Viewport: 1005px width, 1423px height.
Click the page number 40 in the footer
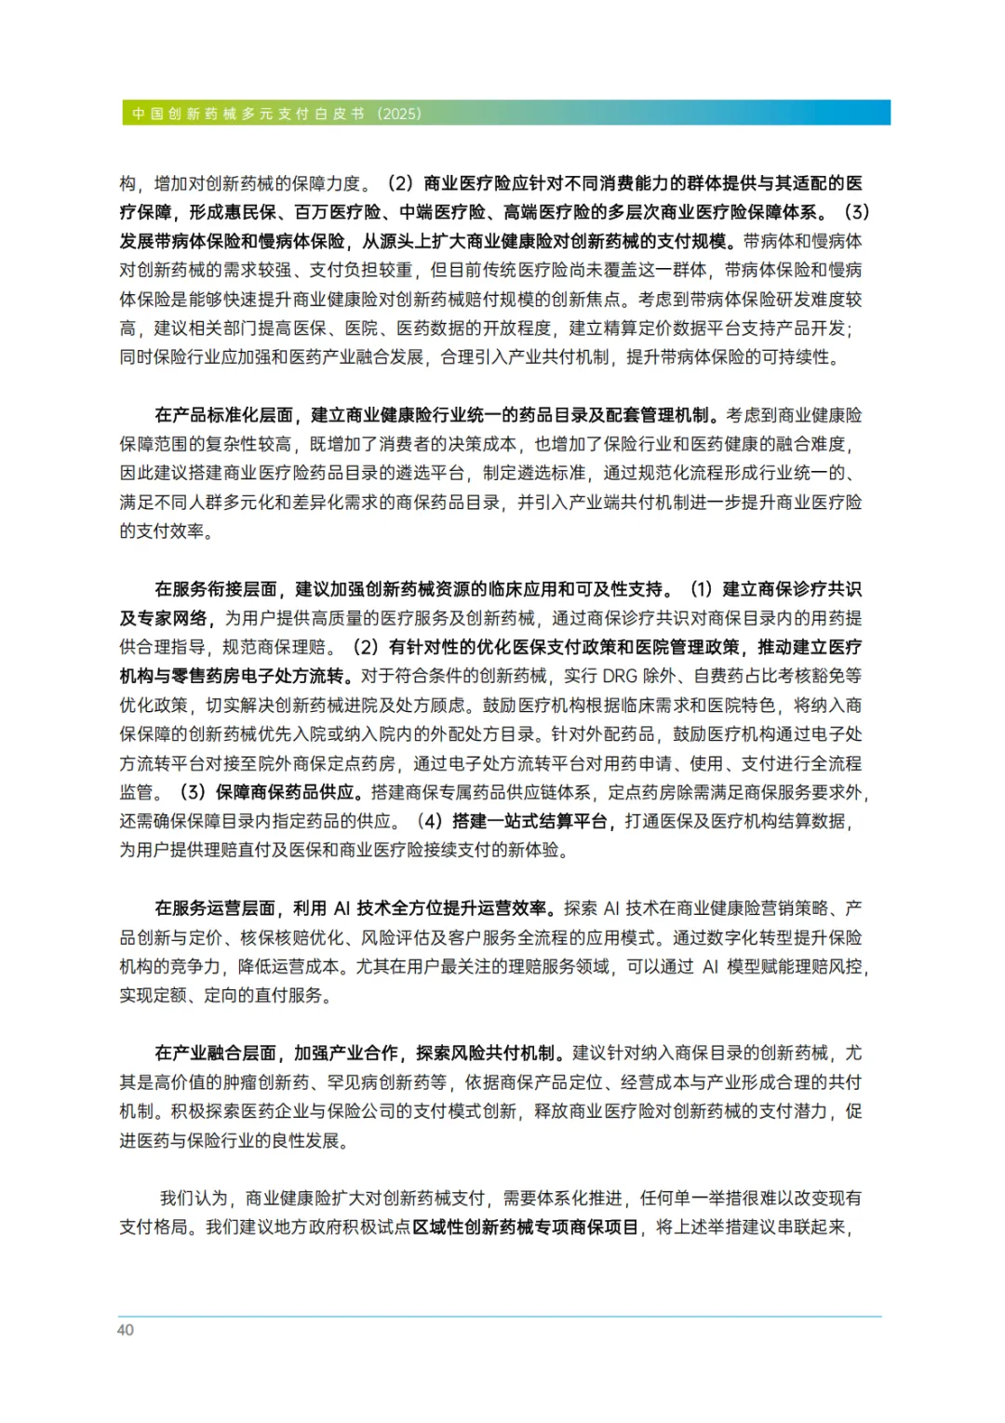[x=126, y=1330]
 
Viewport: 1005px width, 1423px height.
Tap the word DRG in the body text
[x=620, y=676]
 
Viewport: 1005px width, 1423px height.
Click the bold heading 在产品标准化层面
[x=224, y=415]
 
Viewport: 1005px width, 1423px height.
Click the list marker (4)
[x=429, y=821]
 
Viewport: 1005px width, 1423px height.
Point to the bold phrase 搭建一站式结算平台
[x=529, y=821]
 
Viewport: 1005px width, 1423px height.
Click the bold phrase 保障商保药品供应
[x=286, y=792]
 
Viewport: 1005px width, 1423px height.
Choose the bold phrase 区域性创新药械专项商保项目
[x=526, y=1228]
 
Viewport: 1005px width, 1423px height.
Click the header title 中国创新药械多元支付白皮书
[x=248, y=114]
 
